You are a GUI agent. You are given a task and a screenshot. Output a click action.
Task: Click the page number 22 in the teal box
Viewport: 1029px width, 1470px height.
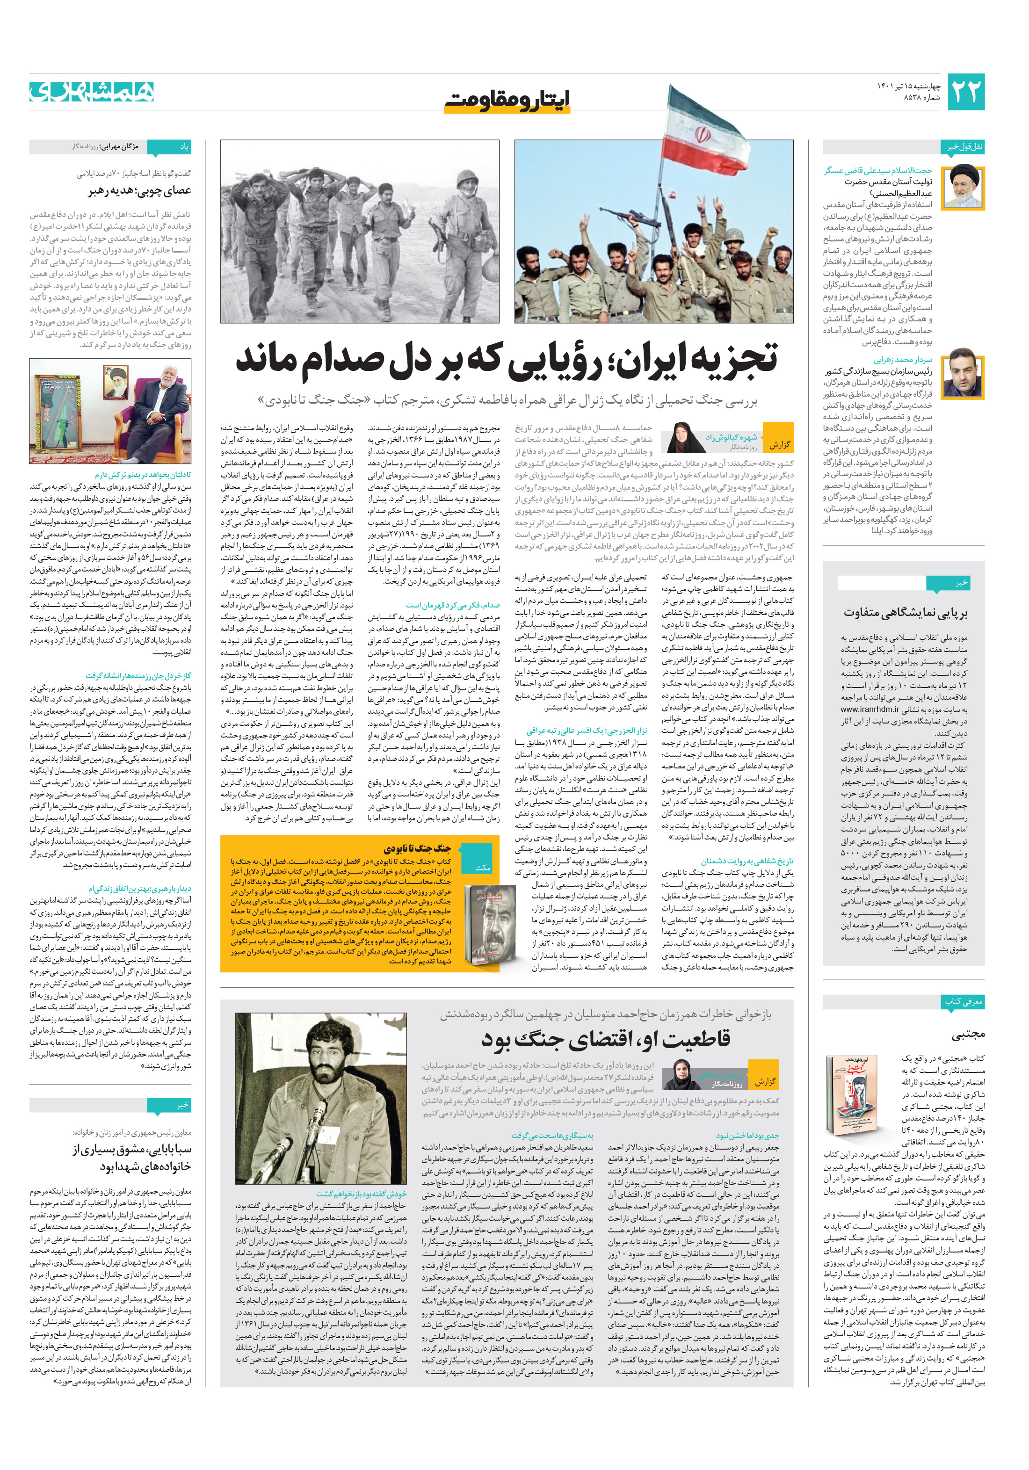coord(965,92)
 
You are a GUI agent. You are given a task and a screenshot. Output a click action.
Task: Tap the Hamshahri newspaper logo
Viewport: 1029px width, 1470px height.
coord(92,92)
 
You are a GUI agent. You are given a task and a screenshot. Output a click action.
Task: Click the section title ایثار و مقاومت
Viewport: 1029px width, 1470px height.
coord(507,99)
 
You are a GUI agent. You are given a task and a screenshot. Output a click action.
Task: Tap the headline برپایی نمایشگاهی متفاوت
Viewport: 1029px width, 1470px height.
coord(905,613)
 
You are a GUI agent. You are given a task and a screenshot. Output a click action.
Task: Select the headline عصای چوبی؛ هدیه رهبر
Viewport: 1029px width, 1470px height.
coord(139,190)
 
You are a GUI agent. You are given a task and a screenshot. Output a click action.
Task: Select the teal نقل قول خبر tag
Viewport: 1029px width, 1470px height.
coord(964,146)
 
